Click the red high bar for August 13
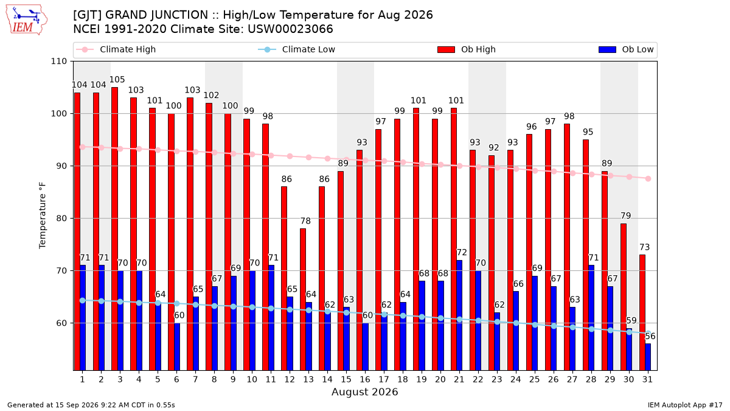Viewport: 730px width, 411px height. [303, 300]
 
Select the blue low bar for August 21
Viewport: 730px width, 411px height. [459, 315]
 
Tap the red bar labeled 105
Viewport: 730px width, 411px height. [114, 229]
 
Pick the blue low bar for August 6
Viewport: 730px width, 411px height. [177, 346]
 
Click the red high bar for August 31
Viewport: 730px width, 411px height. [642, 312]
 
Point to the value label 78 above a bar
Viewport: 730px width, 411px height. [305, 221]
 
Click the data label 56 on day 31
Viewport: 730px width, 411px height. [650, 336]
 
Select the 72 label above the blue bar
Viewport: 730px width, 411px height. [462, 252]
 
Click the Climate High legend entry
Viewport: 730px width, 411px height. [116, 49]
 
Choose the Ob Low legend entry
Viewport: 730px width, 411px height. [626, 49]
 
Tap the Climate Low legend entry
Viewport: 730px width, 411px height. [297, 49]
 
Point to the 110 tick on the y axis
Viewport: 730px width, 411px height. [58, 61]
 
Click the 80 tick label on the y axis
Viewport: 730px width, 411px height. [61, 218]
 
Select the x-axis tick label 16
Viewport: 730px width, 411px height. [365, 379]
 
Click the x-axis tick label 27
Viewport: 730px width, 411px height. [572, 379]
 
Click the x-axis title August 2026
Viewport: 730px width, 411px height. [364, 392]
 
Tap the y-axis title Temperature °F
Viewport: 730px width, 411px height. [43, 216]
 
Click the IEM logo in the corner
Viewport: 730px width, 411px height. [26, 20]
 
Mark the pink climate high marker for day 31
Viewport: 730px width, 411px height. [648, 179]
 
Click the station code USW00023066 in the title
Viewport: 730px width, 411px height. [290, 29]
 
